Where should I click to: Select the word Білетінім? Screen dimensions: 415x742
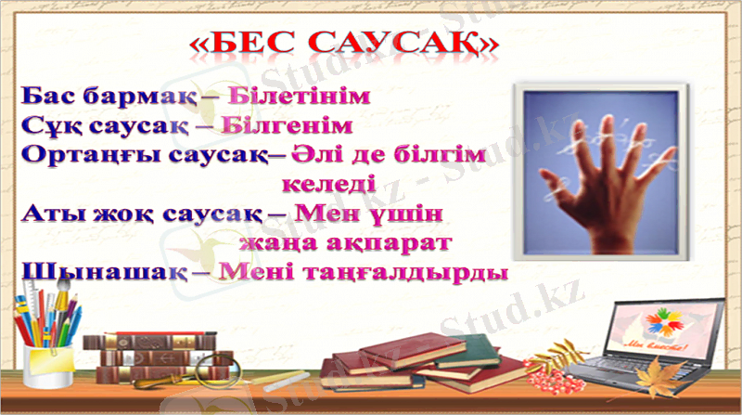pos(298,96)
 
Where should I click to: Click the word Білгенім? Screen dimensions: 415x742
pos(288,124)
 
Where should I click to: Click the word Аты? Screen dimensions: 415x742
pos(46,214)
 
